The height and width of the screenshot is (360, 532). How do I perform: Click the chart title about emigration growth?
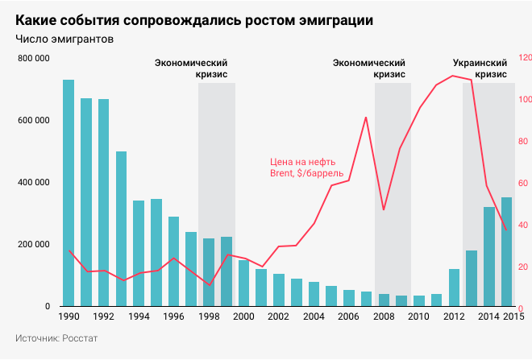pyautogui.click(x=193, y=19)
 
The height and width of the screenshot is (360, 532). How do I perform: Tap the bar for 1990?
pyautogui.click(x=69, y=193)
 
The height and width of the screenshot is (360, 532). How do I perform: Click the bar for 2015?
pyautogui.click(x=506, y=252)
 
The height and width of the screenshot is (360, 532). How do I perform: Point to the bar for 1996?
pyautogui.click(x=173, y=262)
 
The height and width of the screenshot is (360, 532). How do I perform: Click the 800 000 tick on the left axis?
pyautogui.click(x=33, y=59)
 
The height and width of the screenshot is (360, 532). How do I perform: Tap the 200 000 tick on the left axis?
pyautogui.click(x=33, y=245)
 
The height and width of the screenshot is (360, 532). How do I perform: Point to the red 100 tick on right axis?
pyautogui.click(x=525, y=100)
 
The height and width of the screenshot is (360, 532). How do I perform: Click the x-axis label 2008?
pyautogui.click(x=383, y=317)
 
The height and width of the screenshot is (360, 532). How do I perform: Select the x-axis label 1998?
pyautogui.click(x=209, y=317)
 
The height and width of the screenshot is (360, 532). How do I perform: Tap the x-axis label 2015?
pyautogui.click(x=509, y=317)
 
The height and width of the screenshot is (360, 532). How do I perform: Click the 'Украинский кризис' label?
pyautogui.click(x=480, y=68)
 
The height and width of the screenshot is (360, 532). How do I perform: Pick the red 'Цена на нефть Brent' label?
pyautogui.click(x=307, y=167)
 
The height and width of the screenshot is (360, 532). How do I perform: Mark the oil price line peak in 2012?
pyautogui.click(x=454, y=76)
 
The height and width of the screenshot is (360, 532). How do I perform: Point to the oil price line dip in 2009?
pyautogui.click(x=384, y=209)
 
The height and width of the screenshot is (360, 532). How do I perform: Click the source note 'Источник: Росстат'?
pyautogui.click(x=56, y=338)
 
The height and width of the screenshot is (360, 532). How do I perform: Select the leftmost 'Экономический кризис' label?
pyautogui.click(x=191, y=68)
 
